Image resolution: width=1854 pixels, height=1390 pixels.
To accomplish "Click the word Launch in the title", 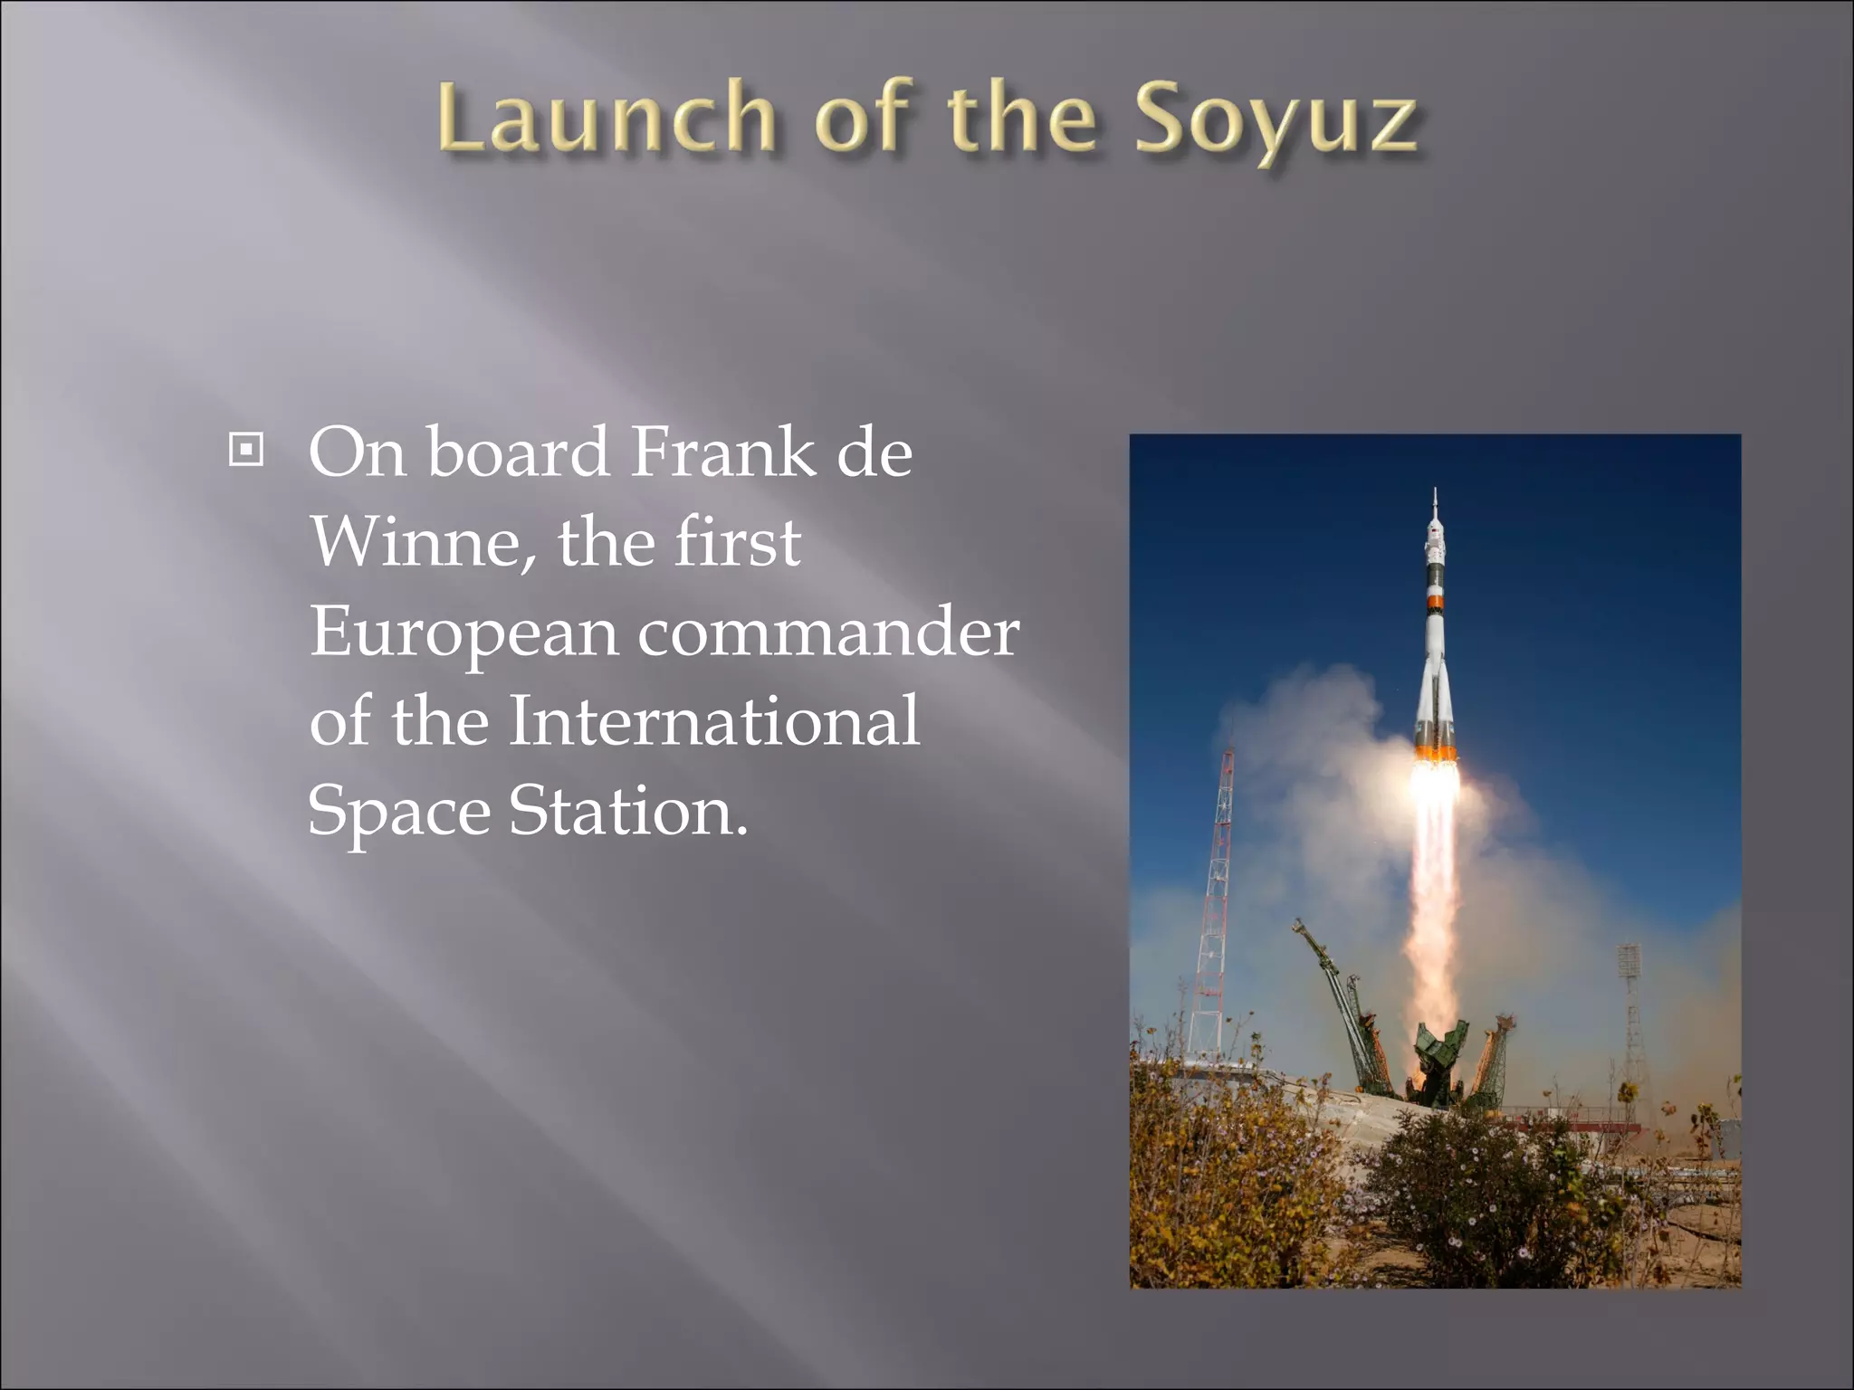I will click(x=607, y=118).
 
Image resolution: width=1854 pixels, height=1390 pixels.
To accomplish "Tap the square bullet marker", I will click(x=245, y=450).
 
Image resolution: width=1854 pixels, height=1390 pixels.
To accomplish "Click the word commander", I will click(x=828, y=632).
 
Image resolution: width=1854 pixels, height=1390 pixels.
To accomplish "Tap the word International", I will click(x=713, y=720).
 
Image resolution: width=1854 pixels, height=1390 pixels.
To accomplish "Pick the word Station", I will click(x=627, y=810).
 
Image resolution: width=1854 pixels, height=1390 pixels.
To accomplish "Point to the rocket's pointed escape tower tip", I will click(x=1435, y=496).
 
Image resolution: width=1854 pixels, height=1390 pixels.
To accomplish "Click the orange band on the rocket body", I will click(x=1435, y=601).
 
